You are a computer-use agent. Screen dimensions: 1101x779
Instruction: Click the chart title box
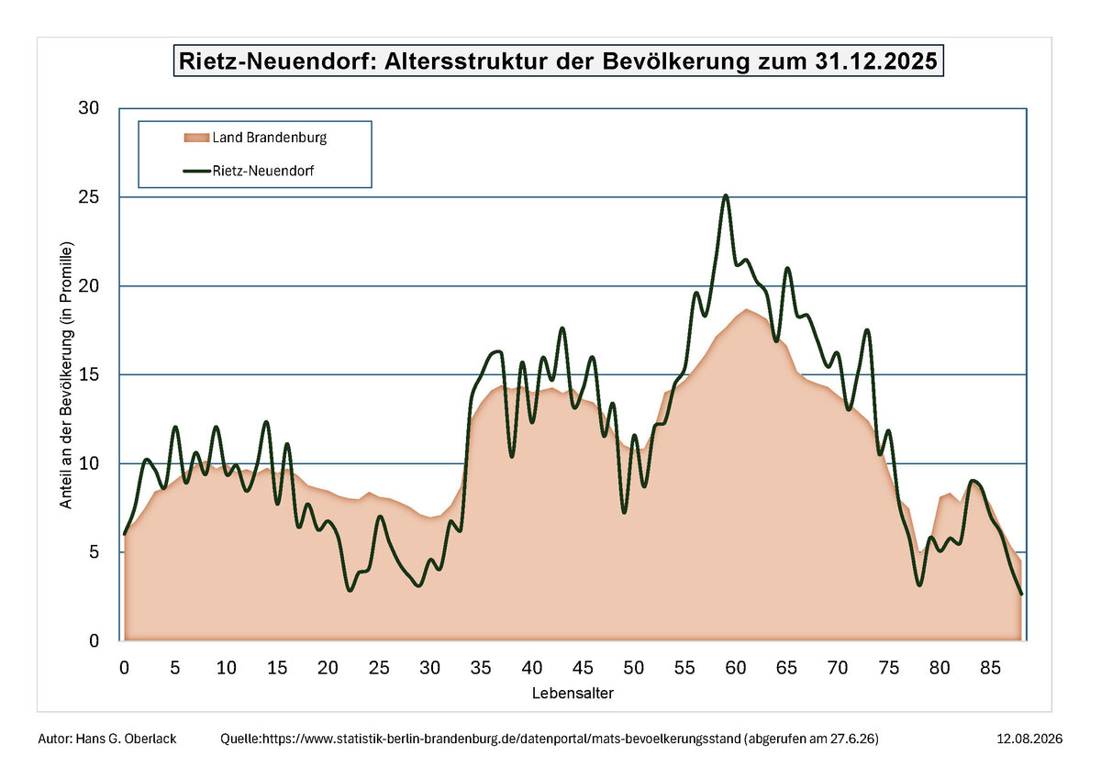[559, 61]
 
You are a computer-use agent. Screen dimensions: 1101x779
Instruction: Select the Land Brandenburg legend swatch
[196, 138]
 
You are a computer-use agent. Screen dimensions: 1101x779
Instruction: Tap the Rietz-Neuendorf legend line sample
[196, 171]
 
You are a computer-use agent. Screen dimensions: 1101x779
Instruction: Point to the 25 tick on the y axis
[88, 197]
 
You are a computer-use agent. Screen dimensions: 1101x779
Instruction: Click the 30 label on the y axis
[88, 107]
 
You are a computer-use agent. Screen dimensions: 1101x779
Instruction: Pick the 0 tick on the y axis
[94, 640]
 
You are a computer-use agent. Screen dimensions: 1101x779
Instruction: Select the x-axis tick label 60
[735, 668]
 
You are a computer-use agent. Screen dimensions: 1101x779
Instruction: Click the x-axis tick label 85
[990, 668]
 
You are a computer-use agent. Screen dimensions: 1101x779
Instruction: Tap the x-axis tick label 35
[481, 668]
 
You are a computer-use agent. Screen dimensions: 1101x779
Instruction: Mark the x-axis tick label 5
[175, 668]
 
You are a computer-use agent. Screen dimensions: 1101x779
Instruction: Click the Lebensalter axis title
[573, 694]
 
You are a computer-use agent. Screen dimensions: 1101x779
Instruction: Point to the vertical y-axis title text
[66, 375]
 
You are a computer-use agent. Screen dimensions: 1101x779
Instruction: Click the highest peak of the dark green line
[726, 195]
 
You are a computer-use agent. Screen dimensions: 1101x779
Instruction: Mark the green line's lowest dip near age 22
[350, 590]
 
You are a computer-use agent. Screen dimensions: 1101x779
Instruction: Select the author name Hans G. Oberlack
[126, 739]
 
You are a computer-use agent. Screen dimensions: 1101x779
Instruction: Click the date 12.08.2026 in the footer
[1029, 739]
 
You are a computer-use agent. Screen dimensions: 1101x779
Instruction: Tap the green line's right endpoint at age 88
[1021, 595]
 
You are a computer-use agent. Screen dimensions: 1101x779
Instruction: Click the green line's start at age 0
[125, 534]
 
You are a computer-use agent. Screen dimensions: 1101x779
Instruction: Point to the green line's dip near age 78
[919, 584]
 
